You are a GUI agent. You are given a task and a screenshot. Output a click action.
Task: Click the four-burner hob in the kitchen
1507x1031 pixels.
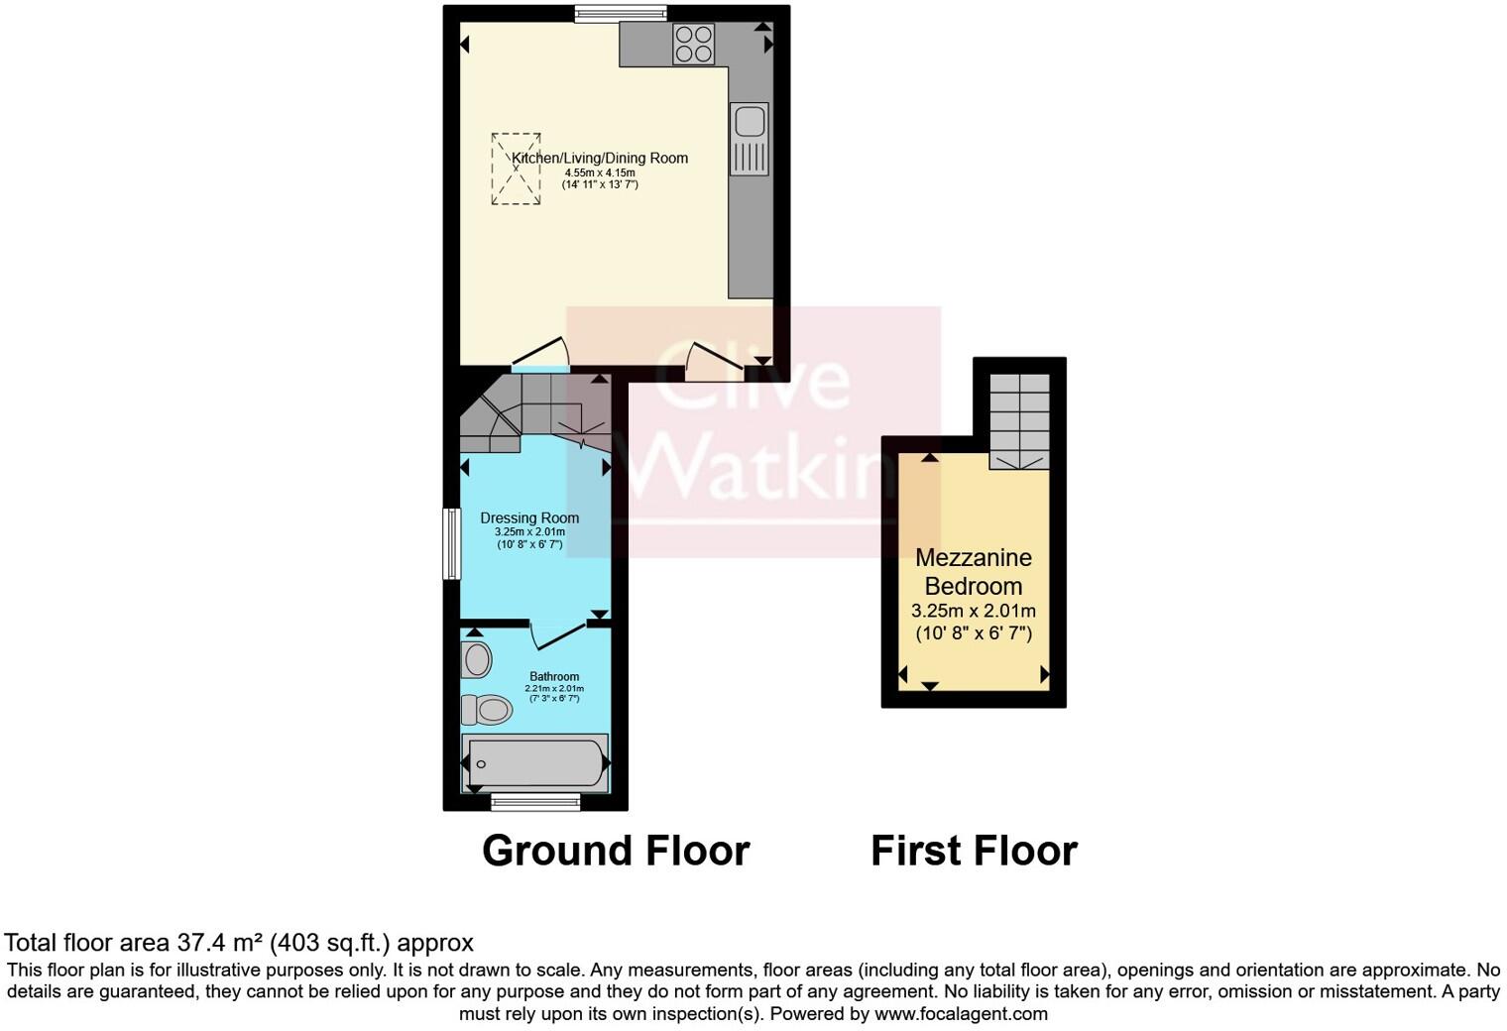point(693,45)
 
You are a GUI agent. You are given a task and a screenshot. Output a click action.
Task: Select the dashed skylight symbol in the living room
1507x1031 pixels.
point(516,170)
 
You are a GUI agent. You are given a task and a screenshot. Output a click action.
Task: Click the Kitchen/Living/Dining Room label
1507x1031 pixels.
point(599,159)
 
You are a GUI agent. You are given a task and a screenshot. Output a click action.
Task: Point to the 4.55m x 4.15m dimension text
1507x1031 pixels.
point(600,172)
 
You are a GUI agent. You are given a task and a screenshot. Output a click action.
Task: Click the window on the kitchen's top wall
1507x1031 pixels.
point(621,13)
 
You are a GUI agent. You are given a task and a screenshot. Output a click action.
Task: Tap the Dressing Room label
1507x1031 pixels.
point(529,517)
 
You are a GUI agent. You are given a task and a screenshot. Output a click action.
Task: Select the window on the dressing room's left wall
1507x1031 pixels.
point(451,543)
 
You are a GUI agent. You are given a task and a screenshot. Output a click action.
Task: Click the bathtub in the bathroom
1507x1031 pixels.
point(535,763)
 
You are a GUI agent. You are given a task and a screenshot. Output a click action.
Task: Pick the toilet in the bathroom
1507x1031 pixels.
point(487,709)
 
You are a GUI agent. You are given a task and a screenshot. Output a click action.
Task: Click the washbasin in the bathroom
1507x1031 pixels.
point(477,659)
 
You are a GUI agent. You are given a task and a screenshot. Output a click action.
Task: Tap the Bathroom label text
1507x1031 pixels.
point(554,677)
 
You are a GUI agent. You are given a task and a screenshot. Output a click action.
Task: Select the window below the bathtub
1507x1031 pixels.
point(535,802)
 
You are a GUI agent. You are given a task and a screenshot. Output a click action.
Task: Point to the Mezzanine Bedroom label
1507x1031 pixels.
point(974,572)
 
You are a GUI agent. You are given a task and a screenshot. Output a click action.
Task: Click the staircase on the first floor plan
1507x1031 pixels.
point(1019,420)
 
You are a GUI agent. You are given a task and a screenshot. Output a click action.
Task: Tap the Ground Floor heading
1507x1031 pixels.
point(616,852)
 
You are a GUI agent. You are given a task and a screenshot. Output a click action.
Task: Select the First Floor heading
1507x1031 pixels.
point(974,852)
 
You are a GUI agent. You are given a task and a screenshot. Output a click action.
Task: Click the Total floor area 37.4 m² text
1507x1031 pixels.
point(239,943)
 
